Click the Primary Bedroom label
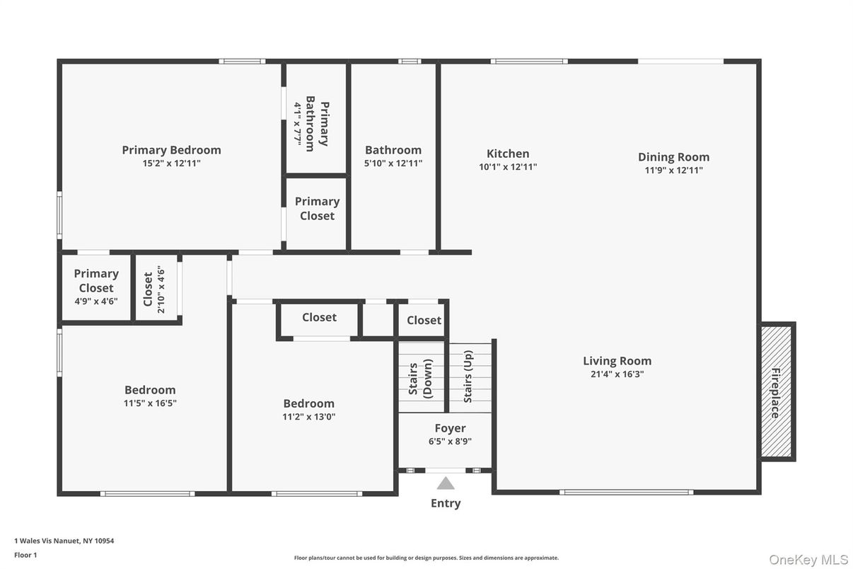coord(171,150)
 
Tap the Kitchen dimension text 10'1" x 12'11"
coord(508,168)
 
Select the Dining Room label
coord(673,157)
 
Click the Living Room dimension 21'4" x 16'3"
coord(617,374)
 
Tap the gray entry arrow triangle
coord(446,483)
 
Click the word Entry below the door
coord(446,503)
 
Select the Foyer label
coord(450,428)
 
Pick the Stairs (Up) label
coord(468,377)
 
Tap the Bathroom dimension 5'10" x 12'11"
coord(393,163)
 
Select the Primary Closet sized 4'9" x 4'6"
coord(96,280)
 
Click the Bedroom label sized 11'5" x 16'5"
coord(150,390)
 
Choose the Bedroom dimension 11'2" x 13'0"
coord(309,417)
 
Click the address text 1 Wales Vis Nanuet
coord(64,541)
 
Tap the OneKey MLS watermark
coord(808,559)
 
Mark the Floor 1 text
coord(25,555)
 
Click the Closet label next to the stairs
coord(424,321)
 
